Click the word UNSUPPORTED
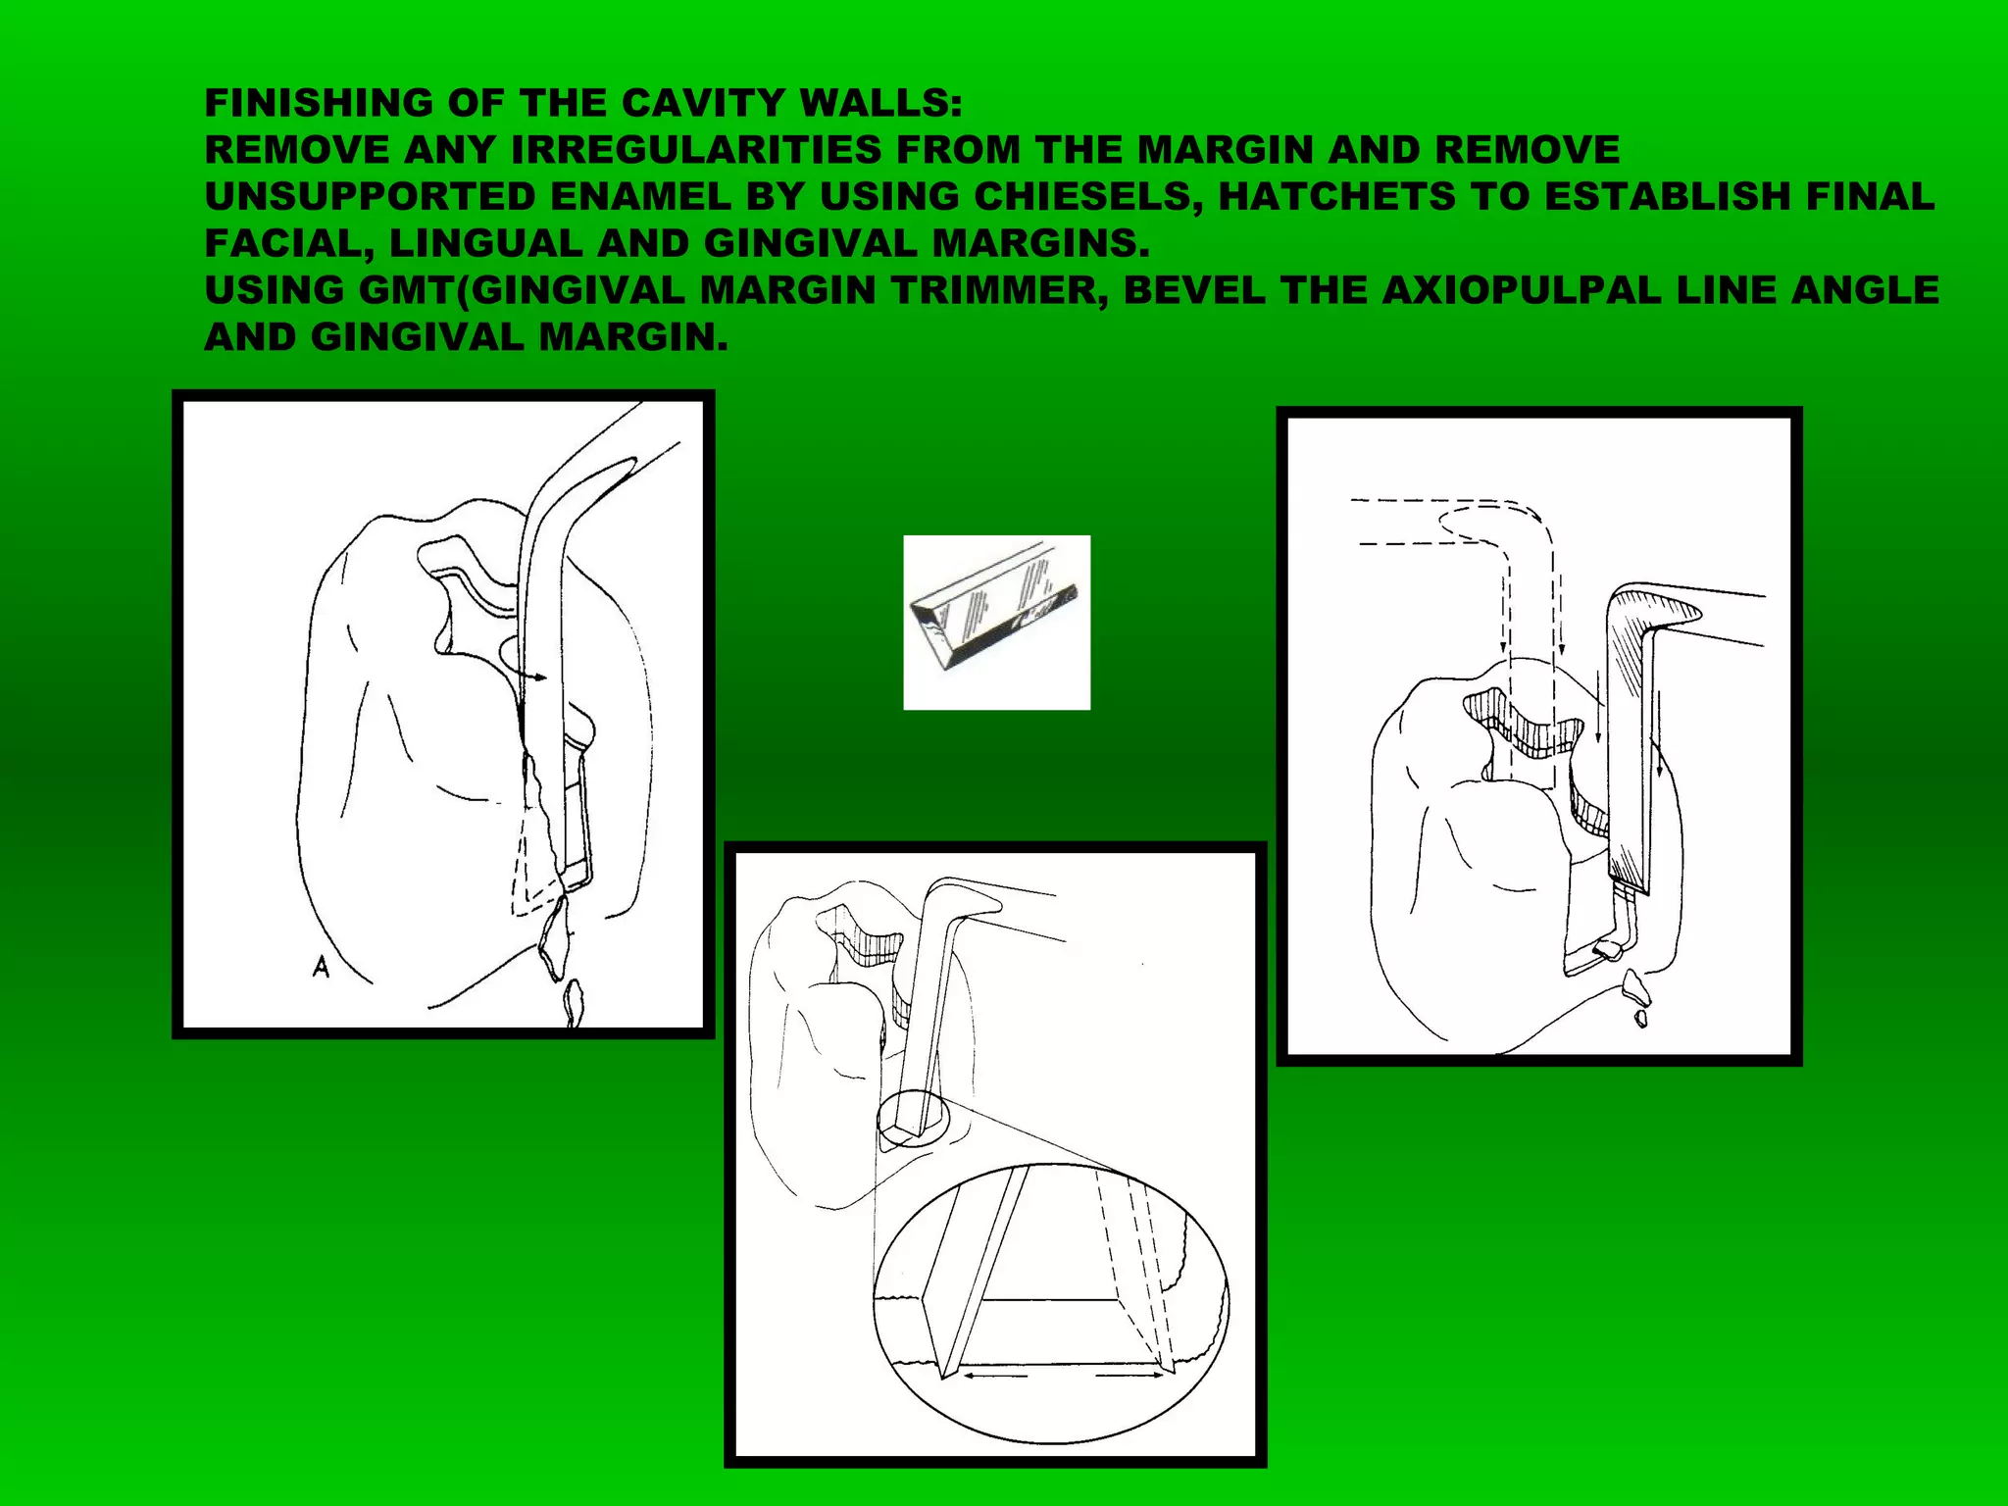(370, 197)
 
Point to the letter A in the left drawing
(321, 968)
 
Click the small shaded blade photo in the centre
(996, 622)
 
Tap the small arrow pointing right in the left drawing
(533, 677)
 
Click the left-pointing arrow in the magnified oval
(992, 1376)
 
